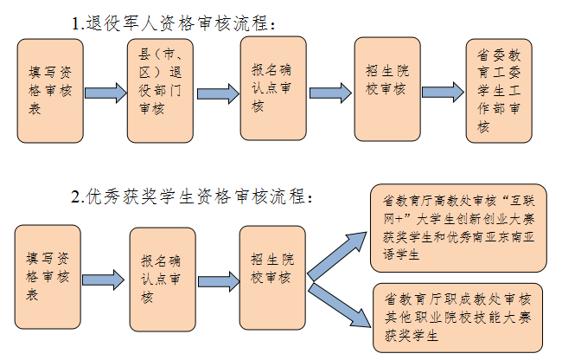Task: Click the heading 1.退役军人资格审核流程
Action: click(x=176, y=22)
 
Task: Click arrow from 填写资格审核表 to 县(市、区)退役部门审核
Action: click(x=105, y=93)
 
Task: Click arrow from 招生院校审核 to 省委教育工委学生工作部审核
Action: click(x=444, y=93)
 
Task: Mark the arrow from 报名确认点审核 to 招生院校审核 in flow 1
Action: click(x=329, y=93)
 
